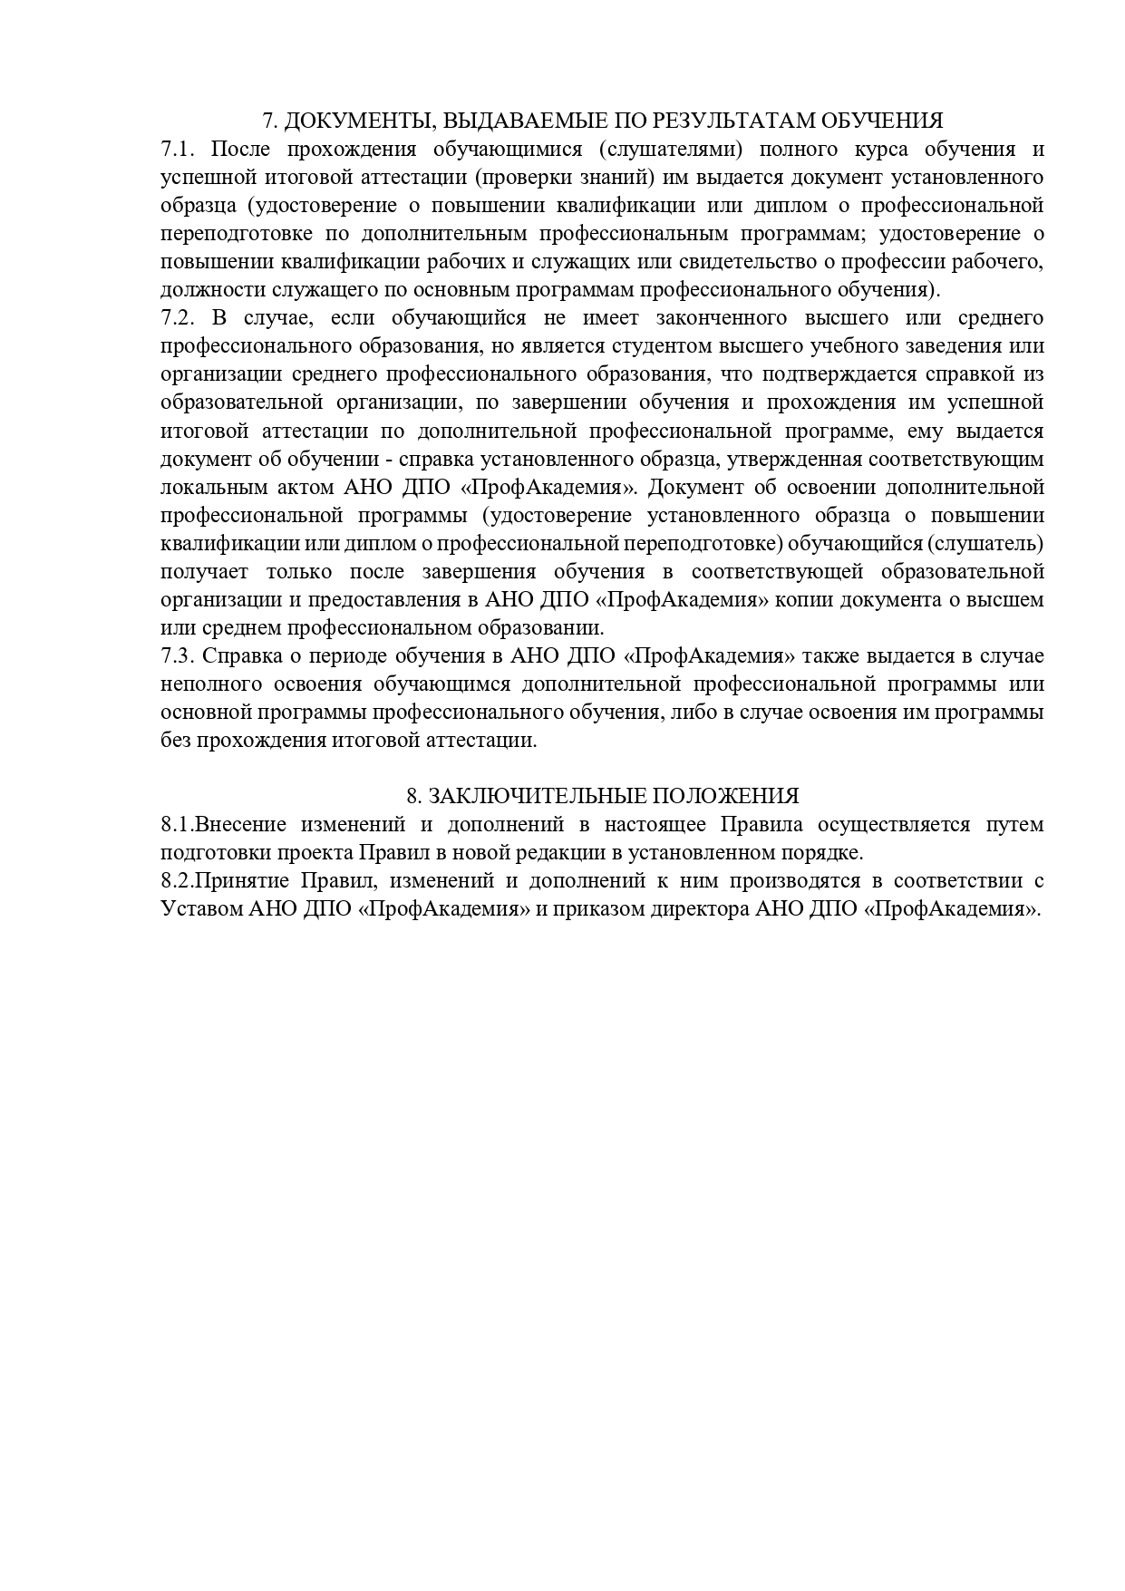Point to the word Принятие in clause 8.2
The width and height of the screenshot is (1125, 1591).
pyautogui.click(x=243, y=880)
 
